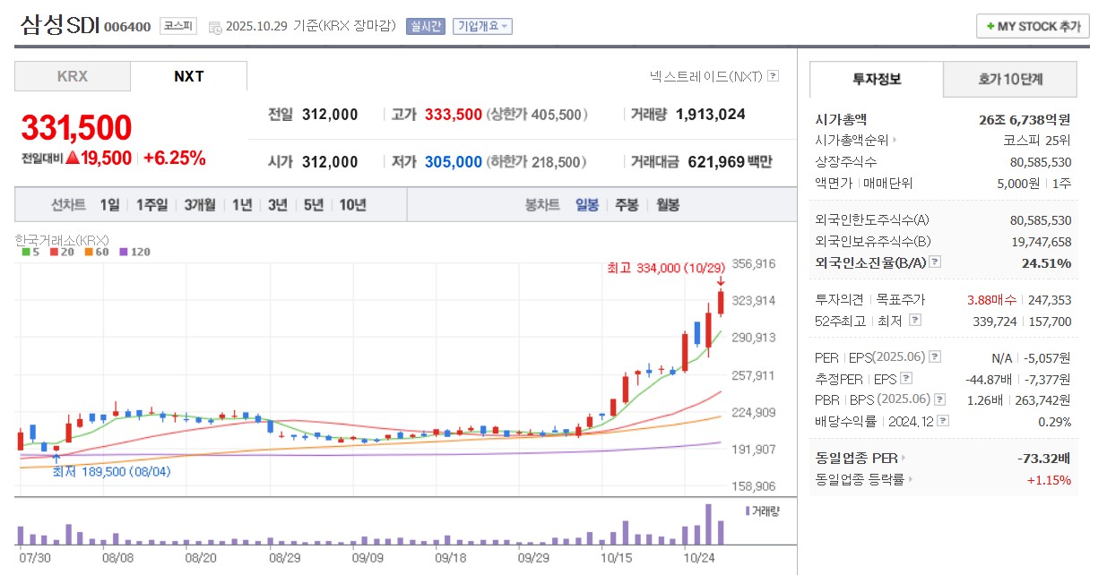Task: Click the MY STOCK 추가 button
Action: [1033, 26]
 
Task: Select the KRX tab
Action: [73, 76]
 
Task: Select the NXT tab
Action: [188, 76]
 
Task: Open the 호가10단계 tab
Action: [1010, 79]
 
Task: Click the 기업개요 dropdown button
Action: [482, 26]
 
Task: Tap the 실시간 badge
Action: [425, 26]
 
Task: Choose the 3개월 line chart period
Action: [200, 204]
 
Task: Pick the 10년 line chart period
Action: [352, 204]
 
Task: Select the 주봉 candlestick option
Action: [627, 204]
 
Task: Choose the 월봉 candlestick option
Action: [668, 204]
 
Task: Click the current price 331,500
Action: [76, 128]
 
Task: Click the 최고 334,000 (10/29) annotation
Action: [665, 268]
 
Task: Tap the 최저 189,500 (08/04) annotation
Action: [111, 471]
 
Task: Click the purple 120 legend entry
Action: [134, 252]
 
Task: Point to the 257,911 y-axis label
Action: [753, 375]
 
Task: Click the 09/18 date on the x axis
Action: [448, 556]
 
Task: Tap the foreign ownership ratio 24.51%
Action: [1046, 262]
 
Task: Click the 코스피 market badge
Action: [178, 26]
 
